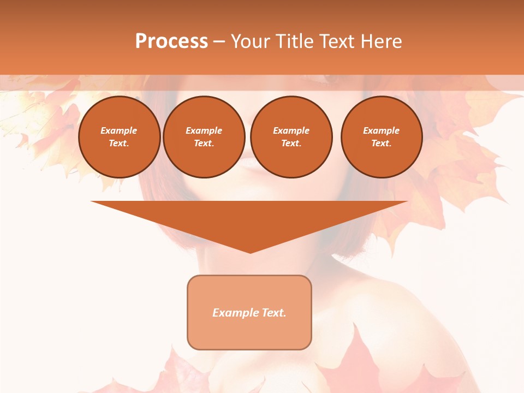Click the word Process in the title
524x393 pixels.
pyautogui.click(x=171, y=41)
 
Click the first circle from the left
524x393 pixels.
pyautogui.click(x=120, y=137)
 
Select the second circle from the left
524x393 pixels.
pyautogui.click(x=204, y=137)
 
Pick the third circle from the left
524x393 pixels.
pyautogui.click(x=291, y=137)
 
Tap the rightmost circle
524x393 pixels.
pyautogui.click(x=382, y=137)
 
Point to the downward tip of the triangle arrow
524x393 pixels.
pyautogui.click(x=250, y=252)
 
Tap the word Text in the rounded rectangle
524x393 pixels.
pyautogui.click(x=273, y=313)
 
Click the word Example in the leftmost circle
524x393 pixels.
pyautogui.click(x=119, y=130)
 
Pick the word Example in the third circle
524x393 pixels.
pyautogui.click(x=291, y=130)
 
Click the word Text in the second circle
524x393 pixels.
pyautogui.click(x=204, y=144)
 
